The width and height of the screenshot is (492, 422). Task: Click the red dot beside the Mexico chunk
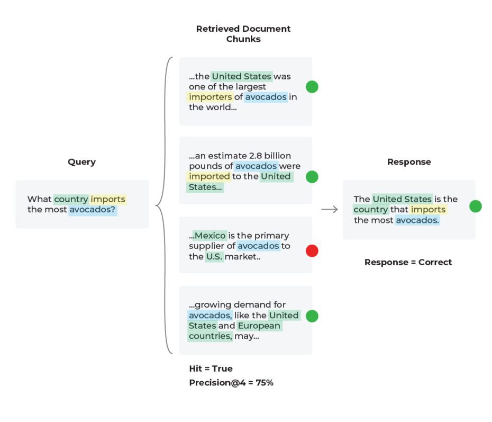[x=312, y=251]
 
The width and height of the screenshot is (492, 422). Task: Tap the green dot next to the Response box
[x=476, y=206]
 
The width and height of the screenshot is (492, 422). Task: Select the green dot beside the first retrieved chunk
[x=312, y=87]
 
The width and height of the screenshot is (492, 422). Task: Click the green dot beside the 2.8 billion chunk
[x=312, y=177]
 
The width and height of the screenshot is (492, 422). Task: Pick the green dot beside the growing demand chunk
[x=312, y=316]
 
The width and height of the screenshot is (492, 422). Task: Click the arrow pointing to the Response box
[x=329, y=210]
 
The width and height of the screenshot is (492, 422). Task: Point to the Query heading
[x=81, y=162]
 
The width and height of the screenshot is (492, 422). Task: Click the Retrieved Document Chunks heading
[x=243, y=34]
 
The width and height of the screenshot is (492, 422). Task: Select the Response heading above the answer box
[x=409, y=162]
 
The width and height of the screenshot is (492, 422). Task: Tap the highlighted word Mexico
[x=210, y=236]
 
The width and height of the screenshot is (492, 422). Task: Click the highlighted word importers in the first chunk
[x=211, y=97]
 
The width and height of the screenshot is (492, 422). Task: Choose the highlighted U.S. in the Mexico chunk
[x=214, y=257]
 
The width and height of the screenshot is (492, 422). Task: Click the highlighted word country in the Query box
[x=71, y=200]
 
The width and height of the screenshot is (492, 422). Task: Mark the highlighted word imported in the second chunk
[x=209, y=176]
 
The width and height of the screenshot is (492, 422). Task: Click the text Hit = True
[x=211, y=369]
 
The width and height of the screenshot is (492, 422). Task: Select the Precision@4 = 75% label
[x=231, y=382]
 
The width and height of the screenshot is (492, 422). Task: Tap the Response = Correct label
[x=408, y=262]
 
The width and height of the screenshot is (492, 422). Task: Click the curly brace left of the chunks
[x=163, y=205]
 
